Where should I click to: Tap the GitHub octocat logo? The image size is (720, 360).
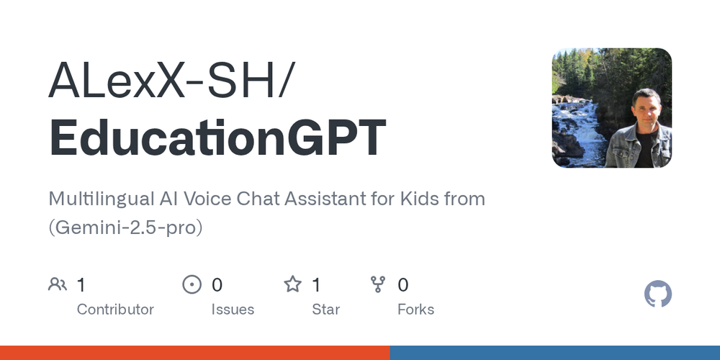click(x=657, y=294)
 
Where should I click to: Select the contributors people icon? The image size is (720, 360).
click(x=58, y=284)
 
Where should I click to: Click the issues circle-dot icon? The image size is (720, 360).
click(x=192, y=284)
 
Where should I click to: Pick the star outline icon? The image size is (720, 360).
click(x=292, y=284)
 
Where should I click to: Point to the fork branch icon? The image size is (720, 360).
click(x=378, y=284)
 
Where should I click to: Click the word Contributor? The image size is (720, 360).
click(x=115, y=310)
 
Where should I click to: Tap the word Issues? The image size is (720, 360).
click(x=233, y=310)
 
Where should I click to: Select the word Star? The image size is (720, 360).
click(x=325, y=310)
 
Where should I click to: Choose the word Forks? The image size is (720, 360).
click(x=415, y=310)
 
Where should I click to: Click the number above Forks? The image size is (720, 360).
click(x=403, y=285)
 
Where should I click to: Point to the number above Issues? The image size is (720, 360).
click(x=217, y=285)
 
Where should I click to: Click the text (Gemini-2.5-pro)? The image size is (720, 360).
click(x=125, y=228)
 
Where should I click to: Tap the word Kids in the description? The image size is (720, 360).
click(x=418, y=199)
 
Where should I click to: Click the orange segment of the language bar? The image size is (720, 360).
click(x=194, y=353)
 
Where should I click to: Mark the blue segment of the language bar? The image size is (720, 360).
click(x=554, y=353)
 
